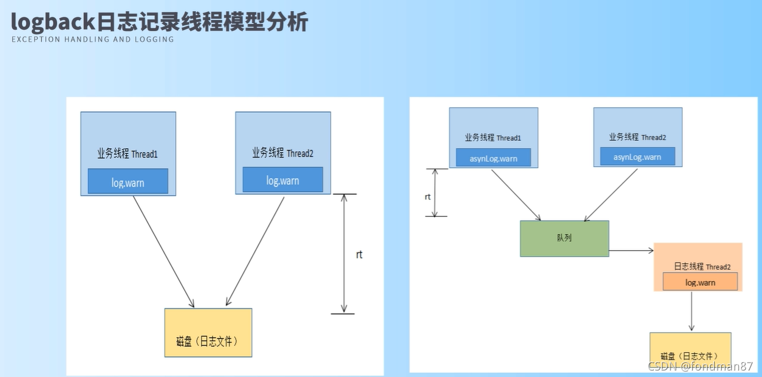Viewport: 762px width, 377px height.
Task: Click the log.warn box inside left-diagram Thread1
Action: click(x=127, y=182)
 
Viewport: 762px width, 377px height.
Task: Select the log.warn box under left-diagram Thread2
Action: click(x=283, y=180)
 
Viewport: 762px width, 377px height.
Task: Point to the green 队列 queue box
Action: click(x=564, y=238)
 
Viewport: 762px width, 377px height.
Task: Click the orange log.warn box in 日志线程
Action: click(x=700, y=282)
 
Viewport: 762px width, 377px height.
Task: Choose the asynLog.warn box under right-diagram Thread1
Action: click(x=493, y=158)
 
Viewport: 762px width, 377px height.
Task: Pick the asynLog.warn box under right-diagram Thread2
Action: click(x=637, y=157)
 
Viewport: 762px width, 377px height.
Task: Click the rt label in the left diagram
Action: click(x=359, y=255)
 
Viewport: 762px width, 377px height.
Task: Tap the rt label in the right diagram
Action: click(x=427, y=196)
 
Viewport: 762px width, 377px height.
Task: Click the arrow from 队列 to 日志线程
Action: click(x=631, y=251)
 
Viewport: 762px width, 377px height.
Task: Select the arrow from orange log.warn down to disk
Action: click(x=691, y=312)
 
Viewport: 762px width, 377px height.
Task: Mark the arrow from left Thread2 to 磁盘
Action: click(x=255, y=251)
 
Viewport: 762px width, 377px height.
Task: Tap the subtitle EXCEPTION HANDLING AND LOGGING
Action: click(x=93, y=40)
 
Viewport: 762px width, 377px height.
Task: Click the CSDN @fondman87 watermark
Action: click(x=700, y=366)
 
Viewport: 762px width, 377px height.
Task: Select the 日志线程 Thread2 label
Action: click(x=702, y=267)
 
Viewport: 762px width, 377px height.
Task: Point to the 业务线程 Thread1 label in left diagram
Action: click(x=127, y=154)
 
